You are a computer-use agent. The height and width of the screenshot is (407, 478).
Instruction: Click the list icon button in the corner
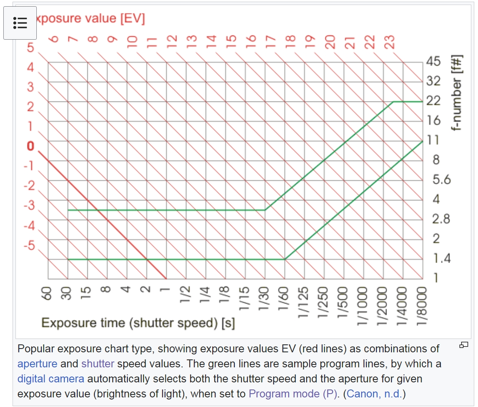20,23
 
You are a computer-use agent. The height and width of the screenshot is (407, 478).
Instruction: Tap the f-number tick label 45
433,61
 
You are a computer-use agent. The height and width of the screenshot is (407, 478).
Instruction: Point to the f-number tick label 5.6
442,180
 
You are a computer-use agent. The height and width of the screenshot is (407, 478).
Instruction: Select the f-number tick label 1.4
442,259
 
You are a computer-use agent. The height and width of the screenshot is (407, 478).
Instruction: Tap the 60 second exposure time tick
47,294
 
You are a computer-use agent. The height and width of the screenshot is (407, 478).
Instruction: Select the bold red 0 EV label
30,146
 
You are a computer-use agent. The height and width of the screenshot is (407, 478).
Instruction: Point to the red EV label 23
389,42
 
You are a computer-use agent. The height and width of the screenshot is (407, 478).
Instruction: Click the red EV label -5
29,245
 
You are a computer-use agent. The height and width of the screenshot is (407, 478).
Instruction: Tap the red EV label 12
171,41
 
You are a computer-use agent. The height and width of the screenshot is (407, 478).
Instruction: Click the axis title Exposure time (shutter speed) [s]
138,323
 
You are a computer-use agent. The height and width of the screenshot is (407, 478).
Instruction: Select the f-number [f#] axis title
458,93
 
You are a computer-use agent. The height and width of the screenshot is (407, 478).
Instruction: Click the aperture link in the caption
37,363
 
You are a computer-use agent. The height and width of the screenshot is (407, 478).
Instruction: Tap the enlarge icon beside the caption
463,345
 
